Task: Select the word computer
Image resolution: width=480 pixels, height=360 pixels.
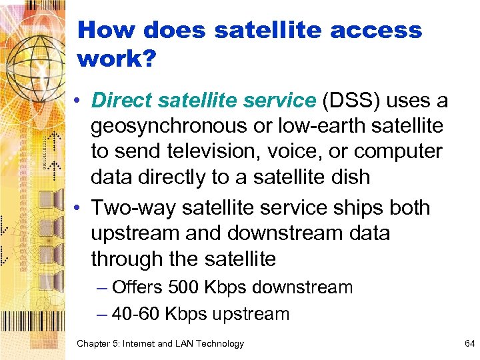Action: tap(398, 151)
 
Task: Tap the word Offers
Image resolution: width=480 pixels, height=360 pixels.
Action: tap(137, 287)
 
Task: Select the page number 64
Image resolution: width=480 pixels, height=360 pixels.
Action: tap(468, 343)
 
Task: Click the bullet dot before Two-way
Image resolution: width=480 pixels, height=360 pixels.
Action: tap(79, 208)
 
